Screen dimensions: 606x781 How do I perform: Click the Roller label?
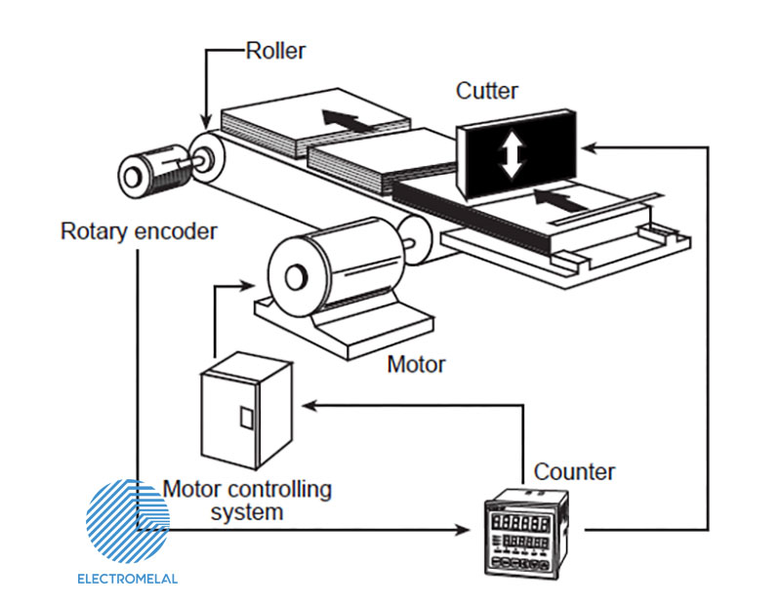pos(274,51)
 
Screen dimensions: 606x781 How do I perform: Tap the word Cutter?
pos(487,92)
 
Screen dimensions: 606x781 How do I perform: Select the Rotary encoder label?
pos(139,232)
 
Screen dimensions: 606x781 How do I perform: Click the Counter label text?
pos(574,472)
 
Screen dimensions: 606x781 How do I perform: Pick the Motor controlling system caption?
pos(247,500)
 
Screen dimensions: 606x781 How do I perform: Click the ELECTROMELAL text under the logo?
pos(128,579)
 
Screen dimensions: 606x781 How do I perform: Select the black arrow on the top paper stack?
pos(347,121)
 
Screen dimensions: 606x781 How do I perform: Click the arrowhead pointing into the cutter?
pos(589,146)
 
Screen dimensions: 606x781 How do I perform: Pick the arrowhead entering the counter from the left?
pos(464,531)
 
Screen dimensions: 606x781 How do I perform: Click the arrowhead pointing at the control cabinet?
pos(308,401)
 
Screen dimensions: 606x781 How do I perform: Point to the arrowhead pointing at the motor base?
pos(243,287)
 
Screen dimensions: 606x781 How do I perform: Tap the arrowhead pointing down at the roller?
pos(206,118)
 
